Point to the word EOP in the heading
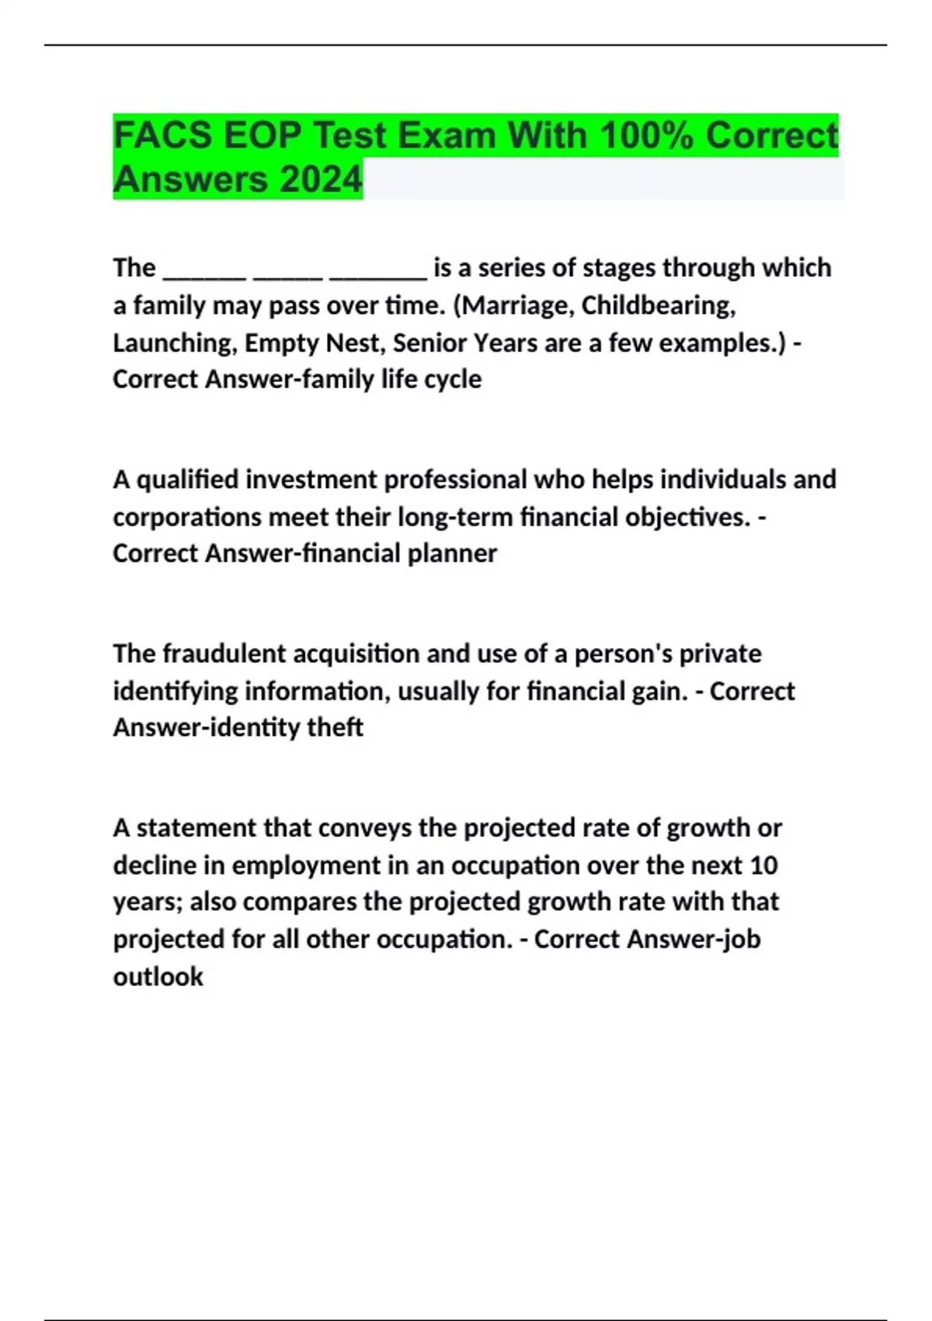coord(262,135)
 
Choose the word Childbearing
coord(659,305)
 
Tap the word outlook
coord(158,977)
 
